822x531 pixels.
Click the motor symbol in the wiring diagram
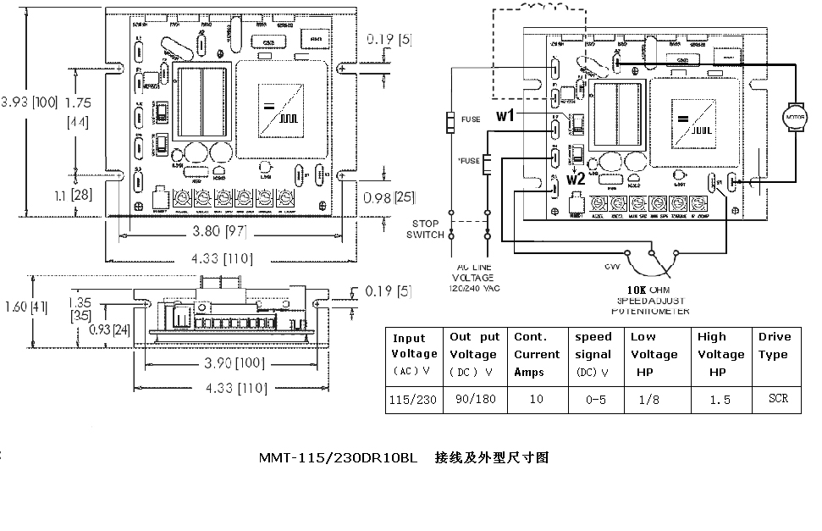(x=793, y=116)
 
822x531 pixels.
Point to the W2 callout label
(x=577, y=179)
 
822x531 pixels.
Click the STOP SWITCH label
(x=425, y=229)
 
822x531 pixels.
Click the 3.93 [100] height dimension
(x=30, y=102)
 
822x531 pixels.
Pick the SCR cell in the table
(x=778, y=398)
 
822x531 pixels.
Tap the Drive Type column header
(x=774, y=346)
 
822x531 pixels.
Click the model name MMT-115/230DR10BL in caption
(x=338, y=458)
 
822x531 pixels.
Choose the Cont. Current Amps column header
(x=537, y=354)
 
